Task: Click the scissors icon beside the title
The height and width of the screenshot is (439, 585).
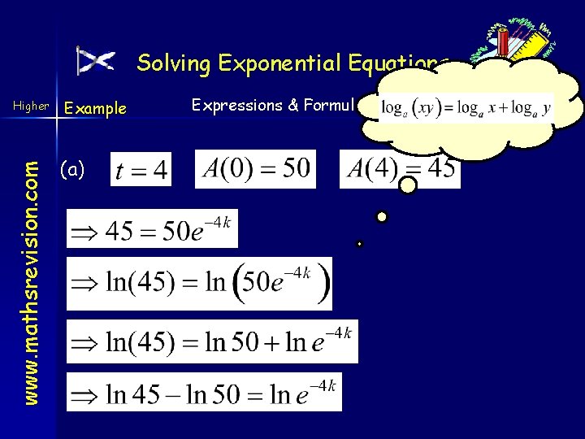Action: tap(95, 61)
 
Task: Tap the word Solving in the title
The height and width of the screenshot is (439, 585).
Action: tap(166, 63)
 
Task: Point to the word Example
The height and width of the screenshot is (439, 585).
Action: tap(96, 108)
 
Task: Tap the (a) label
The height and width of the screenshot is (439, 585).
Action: tap(73, 169)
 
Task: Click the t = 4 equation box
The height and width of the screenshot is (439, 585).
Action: tap(141, 169)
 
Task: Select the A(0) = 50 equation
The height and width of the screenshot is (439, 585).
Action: tap(255, 169)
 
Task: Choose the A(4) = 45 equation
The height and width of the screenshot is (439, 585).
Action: tap(399, 169)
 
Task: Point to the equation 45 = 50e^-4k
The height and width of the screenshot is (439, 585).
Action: tap(152, 229)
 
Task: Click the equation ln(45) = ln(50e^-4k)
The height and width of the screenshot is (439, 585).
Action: tap(199, 283)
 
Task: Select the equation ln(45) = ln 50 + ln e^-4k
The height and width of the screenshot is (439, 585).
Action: tap(211, 341)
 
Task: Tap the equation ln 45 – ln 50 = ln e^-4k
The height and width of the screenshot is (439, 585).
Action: tap(204, 392)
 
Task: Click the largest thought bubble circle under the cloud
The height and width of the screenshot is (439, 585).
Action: tap(409, 186)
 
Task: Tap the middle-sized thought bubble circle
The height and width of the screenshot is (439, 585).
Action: tap(381, 217)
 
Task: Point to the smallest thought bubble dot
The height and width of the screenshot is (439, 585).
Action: tap(359, 244)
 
